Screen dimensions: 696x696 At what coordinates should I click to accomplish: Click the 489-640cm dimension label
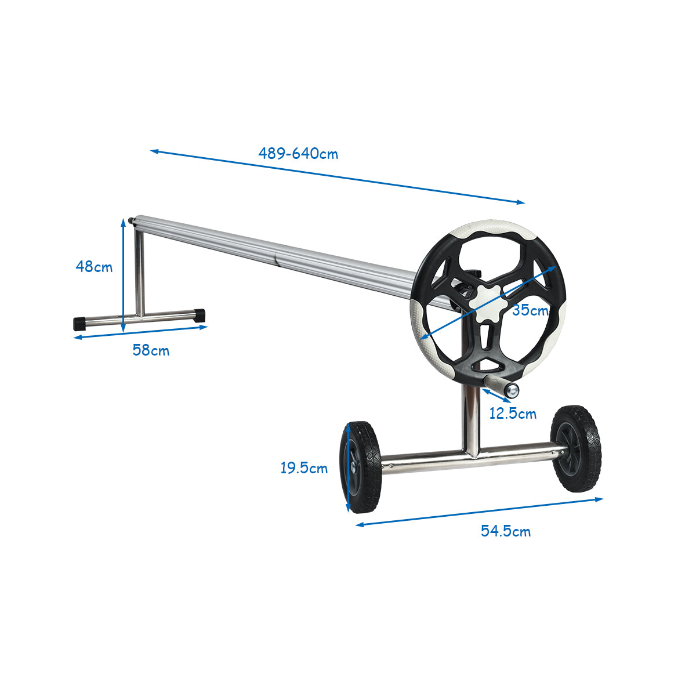pyautogui.click(x=298, y=154)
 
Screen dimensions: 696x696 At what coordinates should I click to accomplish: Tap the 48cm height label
pyautogui.click(x=94, y=267)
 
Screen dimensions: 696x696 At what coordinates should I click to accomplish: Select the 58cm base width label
pyautogui.click(x=151, y=350)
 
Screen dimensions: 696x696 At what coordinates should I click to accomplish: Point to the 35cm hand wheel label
pyautogui.click(x=530, y=310)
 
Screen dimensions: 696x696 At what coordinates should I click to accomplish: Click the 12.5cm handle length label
pyautogui.click(x=513, y=414)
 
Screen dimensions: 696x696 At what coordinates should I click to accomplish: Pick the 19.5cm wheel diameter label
pyautogui.click(x=304, y=469)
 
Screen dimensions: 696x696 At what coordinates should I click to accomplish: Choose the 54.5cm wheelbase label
pyautogui.click(x=506, y=531)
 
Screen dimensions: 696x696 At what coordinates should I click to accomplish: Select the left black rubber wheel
pyautogui.click(x=360, y=467)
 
